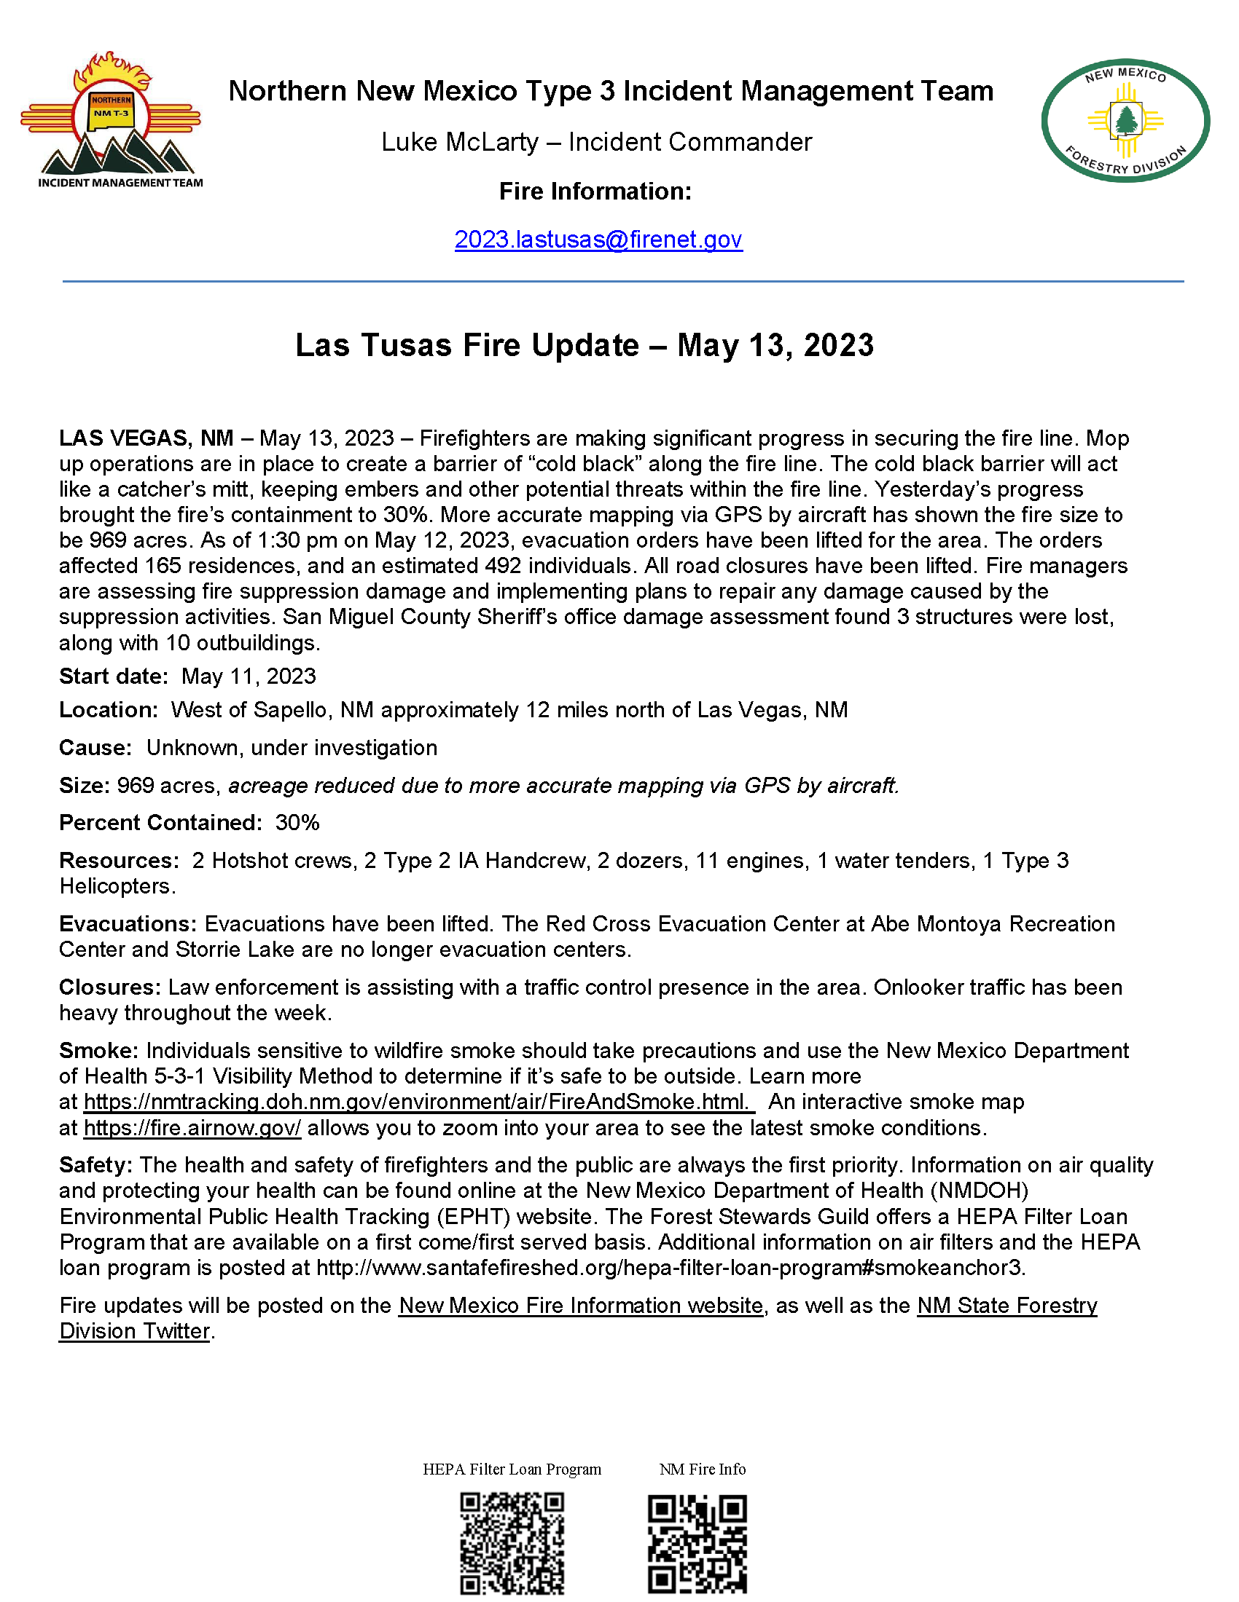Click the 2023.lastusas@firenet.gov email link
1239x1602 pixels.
click(598, 240)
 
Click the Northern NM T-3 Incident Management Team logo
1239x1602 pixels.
click(112, 121)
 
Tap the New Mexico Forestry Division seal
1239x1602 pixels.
click(1125, 120)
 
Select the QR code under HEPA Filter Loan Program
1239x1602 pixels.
click(512, 1543)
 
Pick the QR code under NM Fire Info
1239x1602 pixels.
click(697, 1543)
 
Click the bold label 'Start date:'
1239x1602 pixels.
click(114, 676)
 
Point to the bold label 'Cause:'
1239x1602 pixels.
click(95, 747)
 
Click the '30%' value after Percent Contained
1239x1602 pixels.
click(297, 822)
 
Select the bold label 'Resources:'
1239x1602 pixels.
click(119, 860)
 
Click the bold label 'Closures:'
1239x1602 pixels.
click(109, 987)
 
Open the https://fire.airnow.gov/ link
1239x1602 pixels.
click(192, 1127)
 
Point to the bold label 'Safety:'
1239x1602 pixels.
click(95, 1165)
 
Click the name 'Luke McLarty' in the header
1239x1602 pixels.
click(459, 142)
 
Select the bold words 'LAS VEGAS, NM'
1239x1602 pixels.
click(146, 438)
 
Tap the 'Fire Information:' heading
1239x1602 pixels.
click(595, 192)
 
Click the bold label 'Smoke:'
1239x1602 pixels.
click(99, 1050)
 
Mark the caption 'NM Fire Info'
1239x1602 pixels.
click(703, 1469)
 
